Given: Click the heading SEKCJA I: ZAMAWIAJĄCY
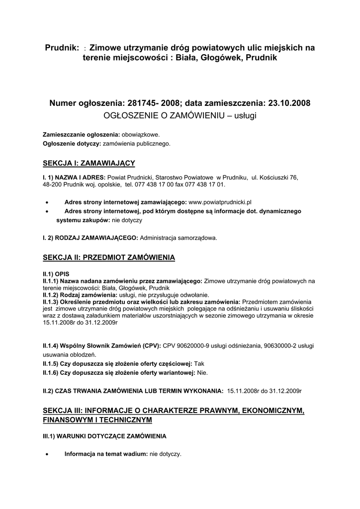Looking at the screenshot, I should coord(89,163).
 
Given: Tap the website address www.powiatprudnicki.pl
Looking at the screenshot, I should coord(220,202).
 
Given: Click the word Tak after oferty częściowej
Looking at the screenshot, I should coord(199,363).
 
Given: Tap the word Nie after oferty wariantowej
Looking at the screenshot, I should coord(202,372).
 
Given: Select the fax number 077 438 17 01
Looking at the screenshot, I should coord(204,184).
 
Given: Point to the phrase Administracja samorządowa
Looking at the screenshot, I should coord(179,238).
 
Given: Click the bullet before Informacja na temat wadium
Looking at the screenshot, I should coord(46,454).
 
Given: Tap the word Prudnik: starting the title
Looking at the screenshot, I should coord(62,48).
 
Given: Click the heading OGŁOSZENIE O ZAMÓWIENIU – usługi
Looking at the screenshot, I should coord(180,115).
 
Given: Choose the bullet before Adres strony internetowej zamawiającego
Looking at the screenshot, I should coord(46,202).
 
